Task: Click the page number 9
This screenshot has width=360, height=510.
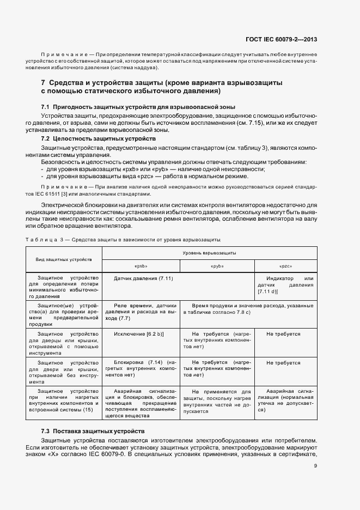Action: [x=315, y=465]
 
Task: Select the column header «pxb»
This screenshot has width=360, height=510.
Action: [x=141, y=266]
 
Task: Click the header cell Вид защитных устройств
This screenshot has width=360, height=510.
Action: [x=64, y=259]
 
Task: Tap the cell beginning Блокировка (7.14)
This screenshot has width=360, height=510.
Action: [x=141, y=368]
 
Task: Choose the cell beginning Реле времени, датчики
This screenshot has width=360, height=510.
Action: [x=141, y=312]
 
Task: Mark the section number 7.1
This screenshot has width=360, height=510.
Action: [x=46, y=106]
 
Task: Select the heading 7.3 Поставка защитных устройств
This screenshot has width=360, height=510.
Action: [x=93, y=431]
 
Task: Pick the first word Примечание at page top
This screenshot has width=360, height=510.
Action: [x=64, y=56]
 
